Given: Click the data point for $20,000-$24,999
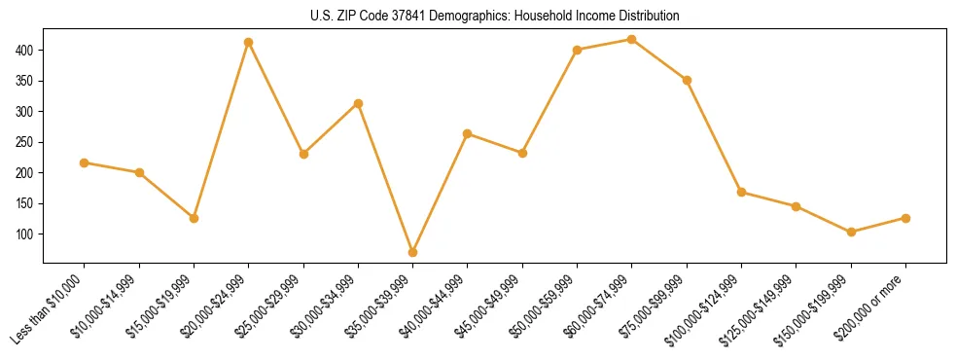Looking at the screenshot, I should pyautogui.click(x=249, y=42).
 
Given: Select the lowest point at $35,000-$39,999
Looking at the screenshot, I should pyautogui.click(x=413, y=252).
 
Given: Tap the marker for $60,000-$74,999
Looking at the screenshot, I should pyautogui.click(x=632, y=39).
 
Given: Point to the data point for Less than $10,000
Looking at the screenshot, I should pyautogui.click(x=85, y=162).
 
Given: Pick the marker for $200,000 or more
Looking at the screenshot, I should pyautogui.click(x=905, y=218).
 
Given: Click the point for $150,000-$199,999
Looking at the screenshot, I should pyautogui.click(x=851, y=232).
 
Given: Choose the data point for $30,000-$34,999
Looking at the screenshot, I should pyautogui.click(x=359, y=103).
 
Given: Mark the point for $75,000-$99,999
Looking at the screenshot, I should pyautogui.click(x=687, y=80).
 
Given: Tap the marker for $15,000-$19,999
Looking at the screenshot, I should pyautogui.click(x=195, y=218).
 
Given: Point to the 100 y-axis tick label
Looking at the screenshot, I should pyautogui.click(x=25, y=234).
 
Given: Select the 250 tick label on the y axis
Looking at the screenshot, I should pyautogui.click(x=25, y=142).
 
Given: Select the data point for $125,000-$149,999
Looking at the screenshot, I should pyautogui.click(x=797, y=206).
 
